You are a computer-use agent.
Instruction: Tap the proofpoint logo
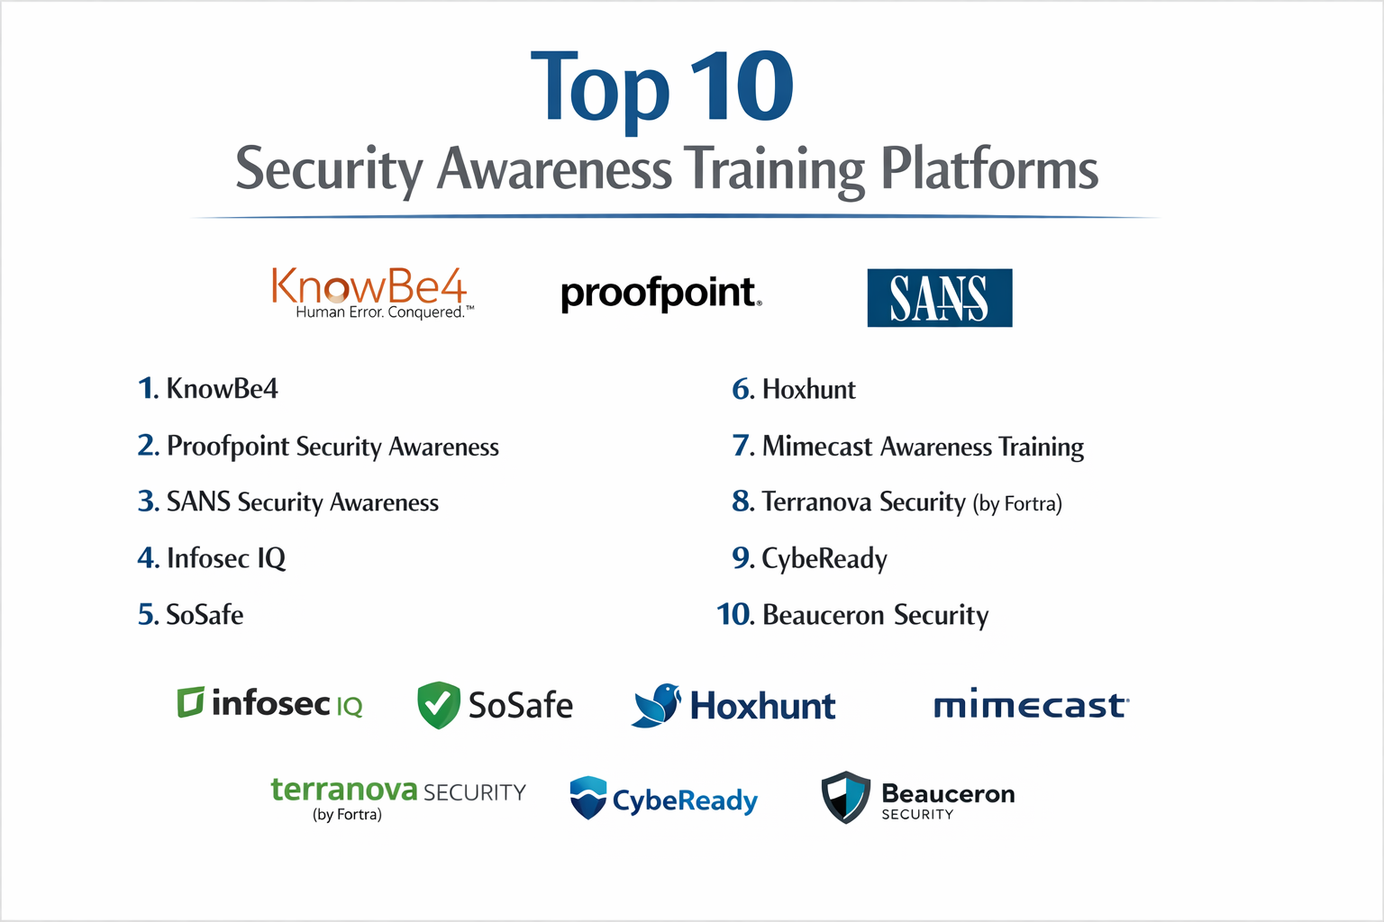click(x=660, y=294)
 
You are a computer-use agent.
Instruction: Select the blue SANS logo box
click(x=939, y=298)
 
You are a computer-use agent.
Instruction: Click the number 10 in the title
click(x=742, y=87)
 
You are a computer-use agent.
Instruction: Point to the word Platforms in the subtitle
click(x=988, y=168)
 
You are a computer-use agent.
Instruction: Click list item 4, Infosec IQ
click(x=212, y=558)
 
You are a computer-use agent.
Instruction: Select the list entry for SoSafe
click(x=191, y=615)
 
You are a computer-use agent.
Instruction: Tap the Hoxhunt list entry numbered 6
click(x=794, y=390)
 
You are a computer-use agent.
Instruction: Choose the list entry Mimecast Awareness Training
click(x=908, y=447)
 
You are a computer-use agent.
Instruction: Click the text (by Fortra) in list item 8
click(x=1016, y=503)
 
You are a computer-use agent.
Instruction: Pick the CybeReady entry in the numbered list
click(x=810, y=559)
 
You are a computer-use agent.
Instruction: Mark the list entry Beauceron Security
click(x=852, y=615)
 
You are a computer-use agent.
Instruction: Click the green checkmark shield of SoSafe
click(x=439, y=705)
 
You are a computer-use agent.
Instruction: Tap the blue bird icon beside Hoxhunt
click(x=657, y=705)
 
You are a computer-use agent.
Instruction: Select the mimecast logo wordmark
click(x=1030, y=705)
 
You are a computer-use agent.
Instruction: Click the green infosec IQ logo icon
click(x=190, y=702)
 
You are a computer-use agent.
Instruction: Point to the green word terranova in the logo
click(x=344, y=790)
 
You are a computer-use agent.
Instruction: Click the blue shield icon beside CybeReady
click(x=588, y=798)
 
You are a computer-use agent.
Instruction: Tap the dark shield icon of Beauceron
click(x=845, y=797)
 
